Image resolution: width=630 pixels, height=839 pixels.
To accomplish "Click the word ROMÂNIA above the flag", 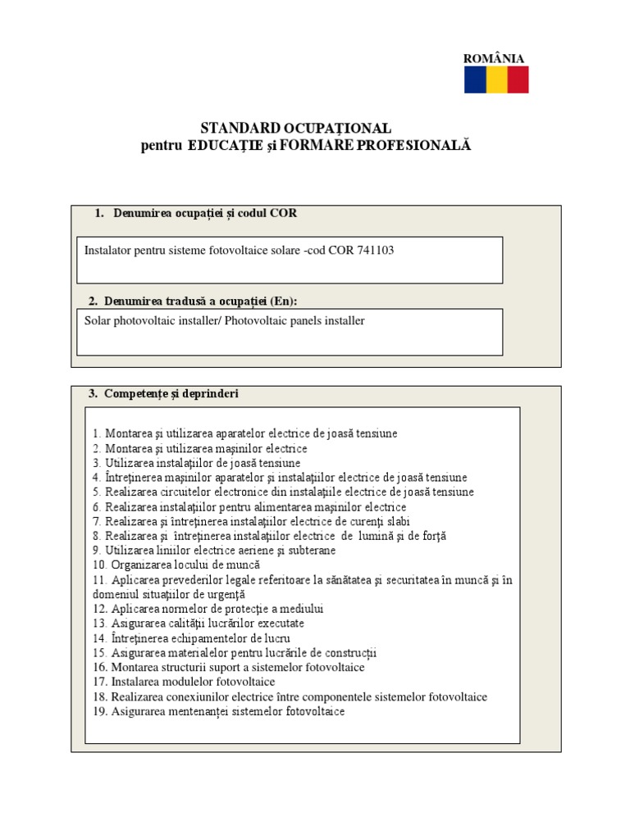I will point(494,58).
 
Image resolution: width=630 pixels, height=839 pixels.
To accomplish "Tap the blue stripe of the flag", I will point(475,80).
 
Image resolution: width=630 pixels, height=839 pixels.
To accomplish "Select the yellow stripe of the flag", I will point(496,80).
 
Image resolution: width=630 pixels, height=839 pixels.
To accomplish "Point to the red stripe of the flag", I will point(518,80).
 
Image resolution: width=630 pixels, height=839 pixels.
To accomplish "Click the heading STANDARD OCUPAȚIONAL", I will point(296,129).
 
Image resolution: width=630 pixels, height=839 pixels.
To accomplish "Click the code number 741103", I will point(375,251).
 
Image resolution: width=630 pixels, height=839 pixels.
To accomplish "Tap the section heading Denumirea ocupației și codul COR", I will point(200,213).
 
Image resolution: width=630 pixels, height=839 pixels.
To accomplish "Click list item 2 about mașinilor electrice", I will point(200,449).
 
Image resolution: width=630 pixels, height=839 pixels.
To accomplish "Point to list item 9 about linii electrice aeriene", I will point(214,551).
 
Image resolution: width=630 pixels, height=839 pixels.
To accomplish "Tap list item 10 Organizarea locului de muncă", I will point(176,565).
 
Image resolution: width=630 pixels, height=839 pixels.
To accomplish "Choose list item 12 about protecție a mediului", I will point(208,609).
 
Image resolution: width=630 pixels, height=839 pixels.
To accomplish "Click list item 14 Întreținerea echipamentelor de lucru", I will point(191,638).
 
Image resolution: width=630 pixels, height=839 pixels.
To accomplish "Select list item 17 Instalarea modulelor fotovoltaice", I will point(184,682).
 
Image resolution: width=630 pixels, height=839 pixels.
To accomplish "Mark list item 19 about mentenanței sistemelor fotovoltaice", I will point(218,711).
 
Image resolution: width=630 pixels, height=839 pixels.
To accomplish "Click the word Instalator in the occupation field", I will point(110,251).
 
